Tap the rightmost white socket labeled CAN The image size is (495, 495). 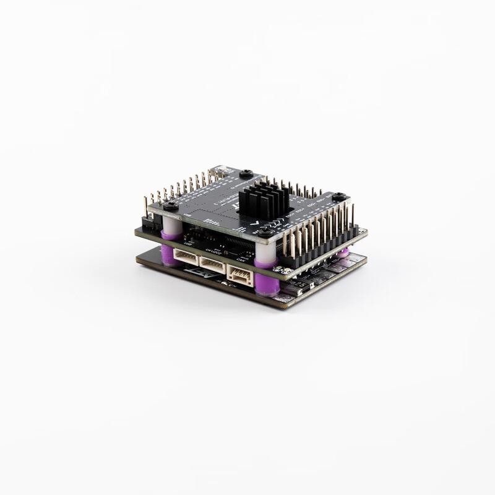pos(239,273)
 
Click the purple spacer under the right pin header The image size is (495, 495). pos(342,253)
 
